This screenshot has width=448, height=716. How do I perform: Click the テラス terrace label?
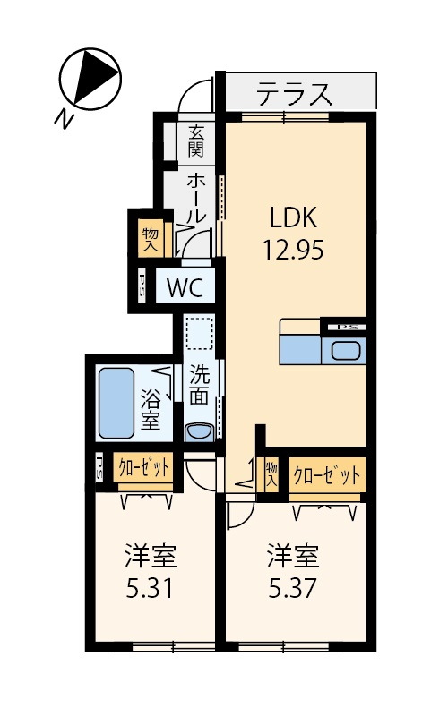click(294, 94)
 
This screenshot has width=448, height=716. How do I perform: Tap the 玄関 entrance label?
click(195, 141)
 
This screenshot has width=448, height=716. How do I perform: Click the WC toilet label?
click(185, 287)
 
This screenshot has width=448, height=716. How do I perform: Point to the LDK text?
click(294, 217)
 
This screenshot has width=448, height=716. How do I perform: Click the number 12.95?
click(294, 250)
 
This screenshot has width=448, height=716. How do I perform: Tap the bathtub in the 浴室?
click(116, 402)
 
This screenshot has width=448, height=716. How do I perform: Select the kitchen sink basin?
click(347, 351)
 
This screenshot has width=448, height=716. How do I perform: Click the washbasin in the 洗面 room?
click(198, 432)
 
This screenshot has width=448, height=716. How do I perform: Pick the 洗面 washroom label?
click(199, 386)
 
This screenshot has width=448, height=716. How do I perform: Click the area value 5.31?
click(150, 588)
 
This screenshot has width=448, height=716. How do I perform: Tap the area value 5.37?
click(292, 588)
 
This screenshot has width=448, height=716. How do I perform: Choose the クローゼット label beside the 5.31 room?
click(143, 467)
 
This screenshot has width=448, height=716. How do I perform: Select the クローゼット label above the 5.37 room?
click(326, 476)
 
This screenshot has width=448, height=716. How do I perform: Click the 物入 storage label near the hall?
click(150, 240)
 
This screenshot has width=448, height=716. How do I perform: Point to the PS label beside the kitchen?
click(345, 327)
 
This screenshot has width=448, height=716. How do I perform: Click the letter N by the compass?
click(64, 120)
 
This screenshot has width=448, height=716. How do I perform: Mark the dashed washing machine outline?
click(199, 333)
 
